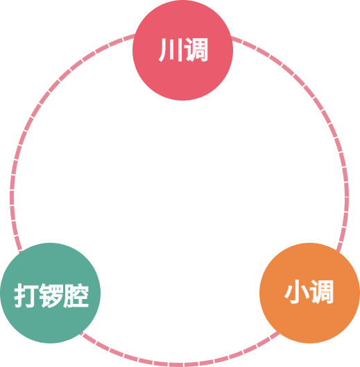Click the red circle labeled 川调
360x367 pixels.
coord(183,50)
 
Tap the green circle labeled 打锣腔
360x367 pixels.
coord(51,293)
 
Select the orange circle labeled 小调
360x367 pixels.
coord(309,293)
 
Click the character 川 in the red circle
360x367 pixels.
coord(170,50)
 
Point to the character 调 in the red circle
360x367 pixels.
coord(196,50)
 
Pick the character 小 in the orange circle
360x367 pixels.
coord(298,292)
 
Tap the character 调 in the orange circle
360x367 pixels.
coord(322,292)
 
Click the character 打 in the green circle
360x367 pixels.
coord(26,296)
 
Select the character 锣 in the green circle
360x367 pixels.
coord(51,296)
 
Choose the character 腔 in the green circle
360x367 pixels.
coord(76,296)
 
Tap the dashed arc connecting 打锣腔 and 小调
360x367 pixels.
coord(180,365)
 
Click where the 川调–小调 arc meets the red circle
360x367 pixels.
coord(231,37)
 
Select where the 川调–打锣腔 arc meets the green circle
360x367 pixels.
coord(21,252)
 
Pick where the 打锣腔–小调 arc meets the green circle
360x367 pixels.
coord(81,333)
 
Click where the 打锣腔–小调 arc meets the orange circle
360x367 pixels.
coord(279,333)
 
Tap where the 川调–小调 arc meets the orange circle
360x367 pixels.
coord(338,251)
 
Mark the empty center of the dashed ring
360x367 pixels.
coord(180,196)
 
